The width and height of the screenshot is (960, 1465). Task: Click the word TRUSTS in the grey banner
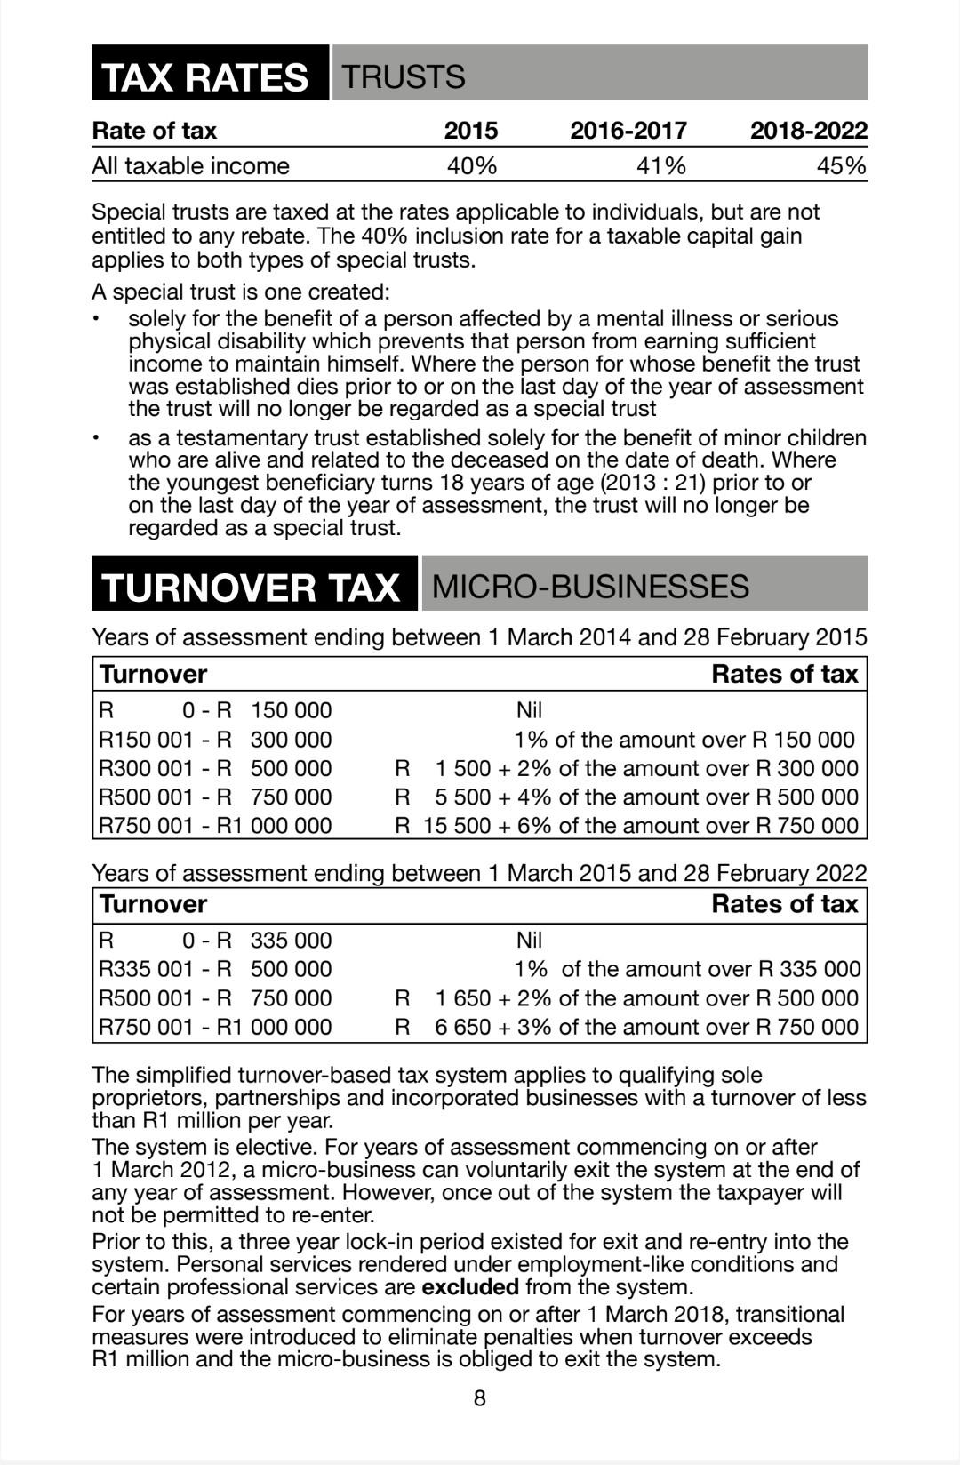[404, 76]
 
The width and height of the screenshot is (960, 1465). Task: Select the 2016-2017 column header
[628, 131]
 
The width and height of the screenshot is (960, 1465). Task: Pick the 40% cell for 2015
[471, 166]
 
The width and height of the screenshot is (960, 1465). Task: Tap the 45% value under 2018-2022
[841, 166]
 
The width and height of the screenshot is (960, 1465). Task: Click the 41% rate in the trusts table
[661, 166]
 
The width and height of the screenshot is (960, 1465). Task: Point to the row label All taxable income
[190, 166]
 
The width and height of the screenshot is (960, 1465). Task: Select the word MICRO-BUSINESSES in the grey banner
[590, 586]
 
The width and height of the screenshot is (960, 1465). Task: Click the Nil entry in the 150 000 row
[529, 710]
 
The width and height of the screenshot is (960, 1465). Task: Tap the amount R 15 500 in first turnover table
[456, 826]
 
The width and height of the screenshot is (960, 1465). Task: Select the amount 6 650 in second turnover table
[462, 1027]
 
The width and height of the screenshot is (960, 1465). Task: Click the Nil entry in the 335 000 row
[529, 941]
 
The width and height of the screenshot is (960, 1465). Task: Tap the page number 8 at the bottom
[480, 1398]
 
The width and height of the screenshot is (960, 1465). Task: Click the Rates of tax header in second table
[784, 904]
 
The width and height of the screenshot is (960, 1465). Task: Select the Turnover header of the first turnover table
[153, 674]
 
